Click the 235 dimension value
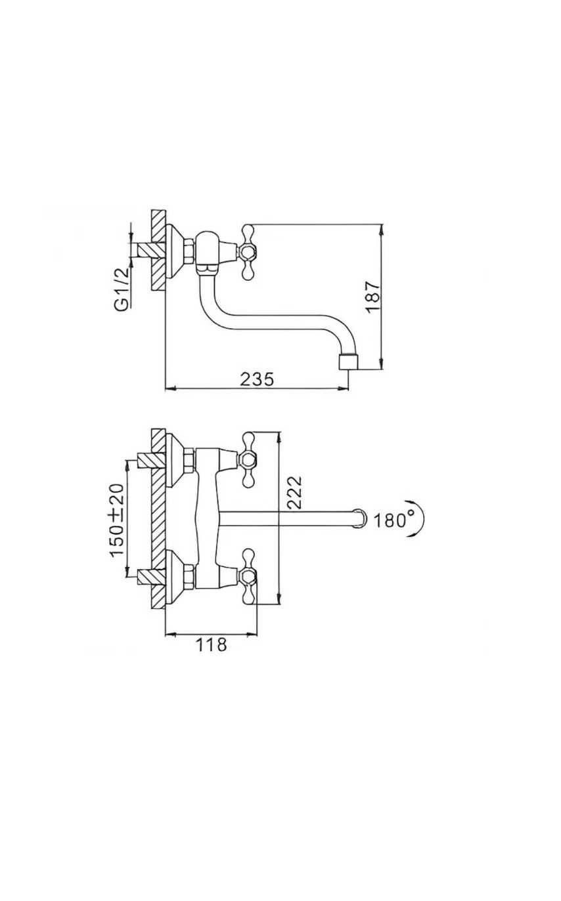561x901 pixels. coord(257,379)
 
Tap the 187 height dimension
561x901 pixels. coord(372,297)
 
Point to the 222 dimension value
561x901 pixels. coord(295,493)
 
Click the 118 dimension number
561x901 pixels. coord(212,644)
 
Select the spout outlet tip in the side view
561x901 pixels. coord(348,362)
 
